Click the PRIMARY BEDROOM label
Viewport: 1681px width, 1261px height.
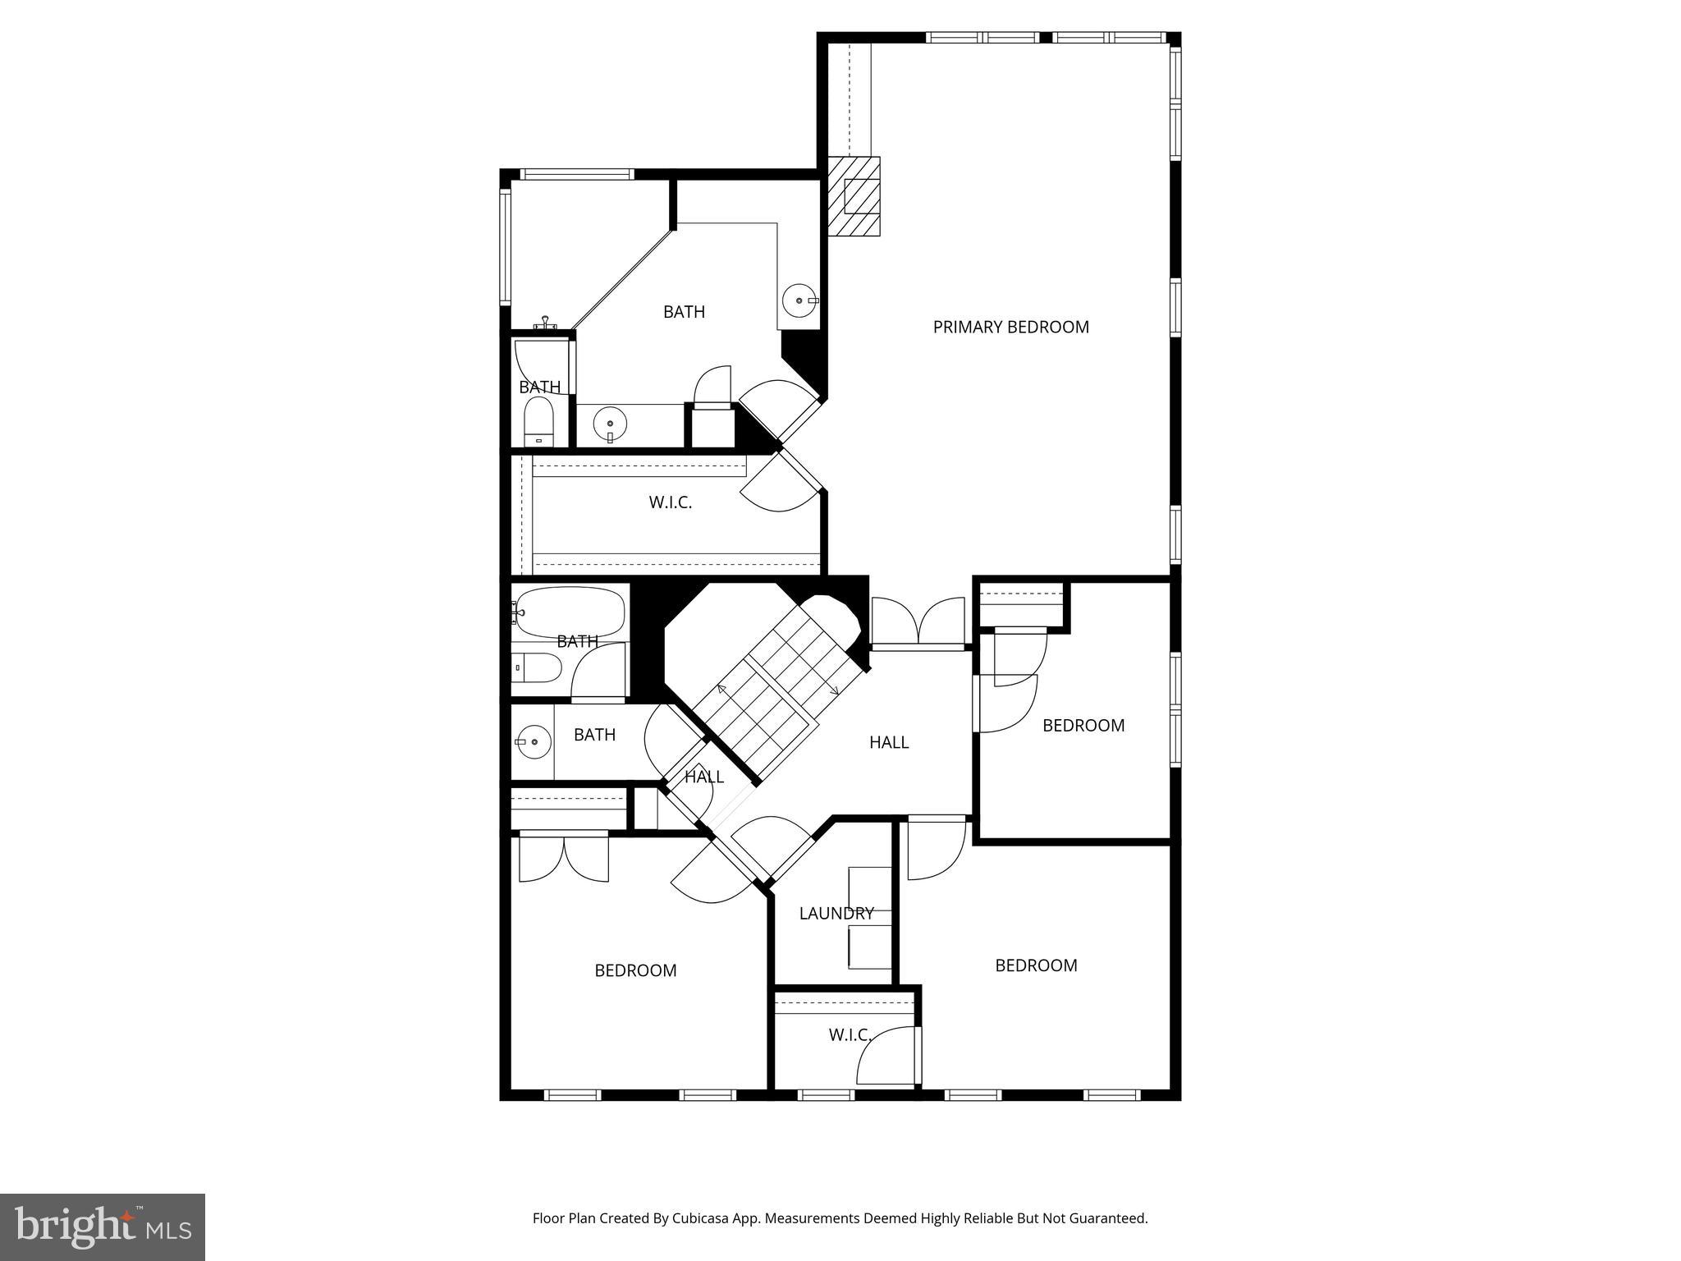pos(1010,327)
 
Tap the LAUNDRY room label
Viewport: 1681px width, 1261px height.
pos(836,913)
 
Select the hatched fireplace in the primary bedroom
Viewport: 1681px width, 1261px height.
pos(854,196)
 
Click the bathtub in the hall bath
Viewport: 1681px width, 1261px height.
pos(567,612)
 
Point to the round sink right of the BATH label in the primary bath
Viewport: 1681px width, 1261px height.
pos(799,300)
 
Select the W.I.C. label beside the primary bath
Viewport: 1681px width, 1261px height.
pos(670,502)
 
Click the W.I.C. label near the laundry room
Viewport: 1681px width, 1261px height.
pos(849,1035)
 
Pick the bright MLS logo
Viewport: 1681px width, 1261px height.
pos(103,1227)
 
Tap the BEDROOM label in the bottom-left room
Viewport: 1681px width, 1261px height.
pos(635,970)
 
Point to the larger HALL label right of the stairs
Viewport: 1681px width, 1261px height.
pos(888,742)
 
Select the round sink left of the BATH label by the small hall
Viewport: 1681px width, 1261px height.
pos(534,742)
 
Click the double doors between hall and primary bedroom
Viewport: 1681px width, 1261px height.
pos(918,622)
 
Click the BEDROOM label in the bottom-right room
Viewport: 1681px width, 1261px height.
pos(1036,965)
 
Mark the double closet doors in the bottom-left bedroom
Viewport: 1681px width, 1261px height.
pos(564,857)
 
